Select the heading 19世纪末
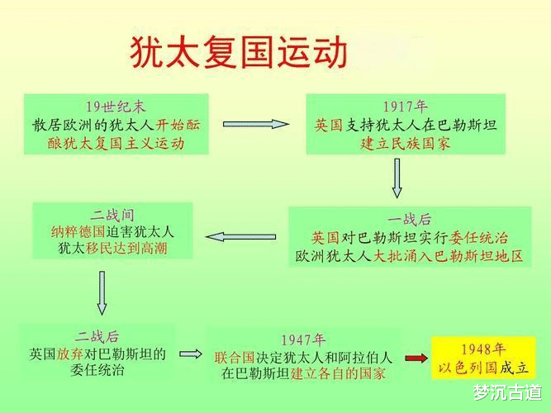pyautogui.click(x=116, y=107)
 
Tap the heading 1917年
pyautogui.click(x=405, y=107)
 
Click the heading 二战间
pyautogui.click(x=113, y=212)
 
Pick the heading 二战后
pyautogui.click(x=97, y=336)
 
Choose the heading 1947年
pyautogui.click(x=303, y=339)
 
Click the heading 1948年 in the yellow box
pyautogui.click(x=483, y=348)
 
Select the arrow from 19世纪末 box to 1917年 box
pyautogui.click(x=256, y=124)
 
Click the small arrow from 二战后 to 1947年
pyautogui.click(x=191, y=354)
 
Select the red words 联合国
pyautogui.click(x=232, y=358)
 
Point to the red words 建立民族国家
pyautogui.click(x=405, y=143)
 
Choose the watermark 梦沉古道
pyautogui.click(x=507, y=391)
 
